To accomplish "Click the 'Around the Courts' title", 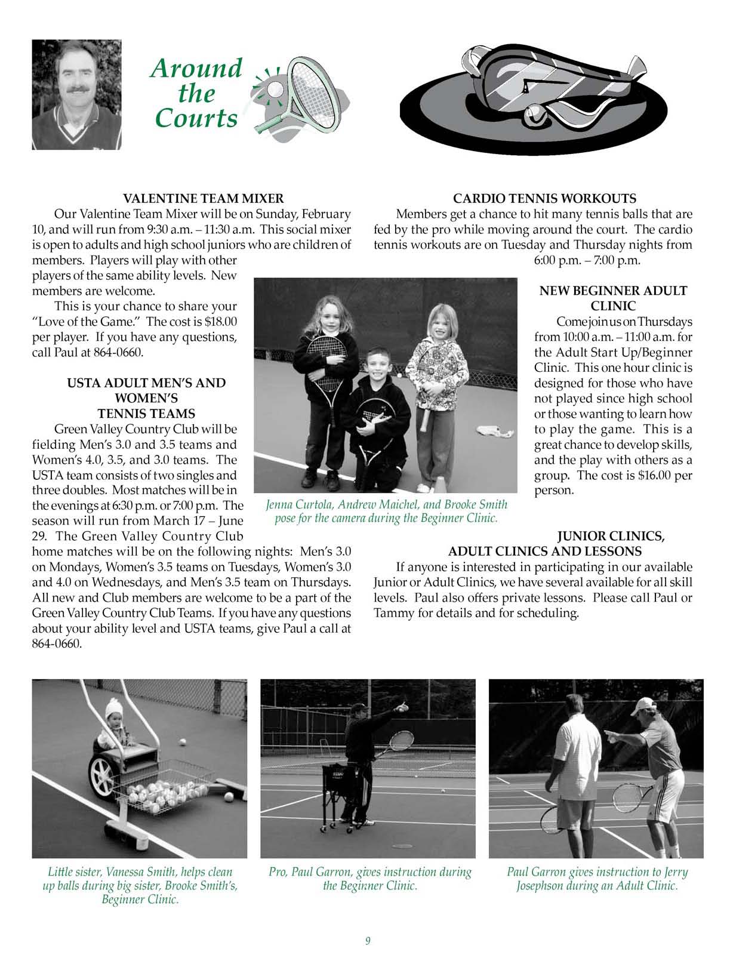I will pyautogui.click(x=196, y=93).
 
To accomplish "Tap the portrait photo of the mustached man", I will pyautogui.click(x=76, y=94).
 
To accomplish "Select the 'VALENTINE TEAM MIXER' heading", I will pyautogui.click(x=203, y=198).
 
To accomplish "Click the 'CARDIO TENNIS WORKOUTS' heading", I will pyautogui.click(x=544, y=198).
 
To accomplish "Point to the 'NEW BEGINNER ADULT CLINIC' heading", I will pyautogui.click(x=613, y=298).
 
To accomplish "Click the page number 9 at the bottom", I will pyautogui.click(x=368, y=941).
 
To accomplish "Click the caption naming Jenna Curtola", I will pyautogui.click(x=386, y=511).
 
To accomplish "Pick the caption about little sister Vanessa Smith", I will pyautogui.click(x=140, y=886).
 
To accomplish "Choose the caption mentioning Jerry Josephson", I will pyautogui.click(x=597, y=879).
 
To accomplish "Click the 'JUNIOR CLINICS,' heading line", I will pyautogui.click(x=611, y=536).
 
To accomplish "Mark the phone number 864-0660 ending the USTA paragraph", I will pyautogui.click(x=57, y=644).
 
